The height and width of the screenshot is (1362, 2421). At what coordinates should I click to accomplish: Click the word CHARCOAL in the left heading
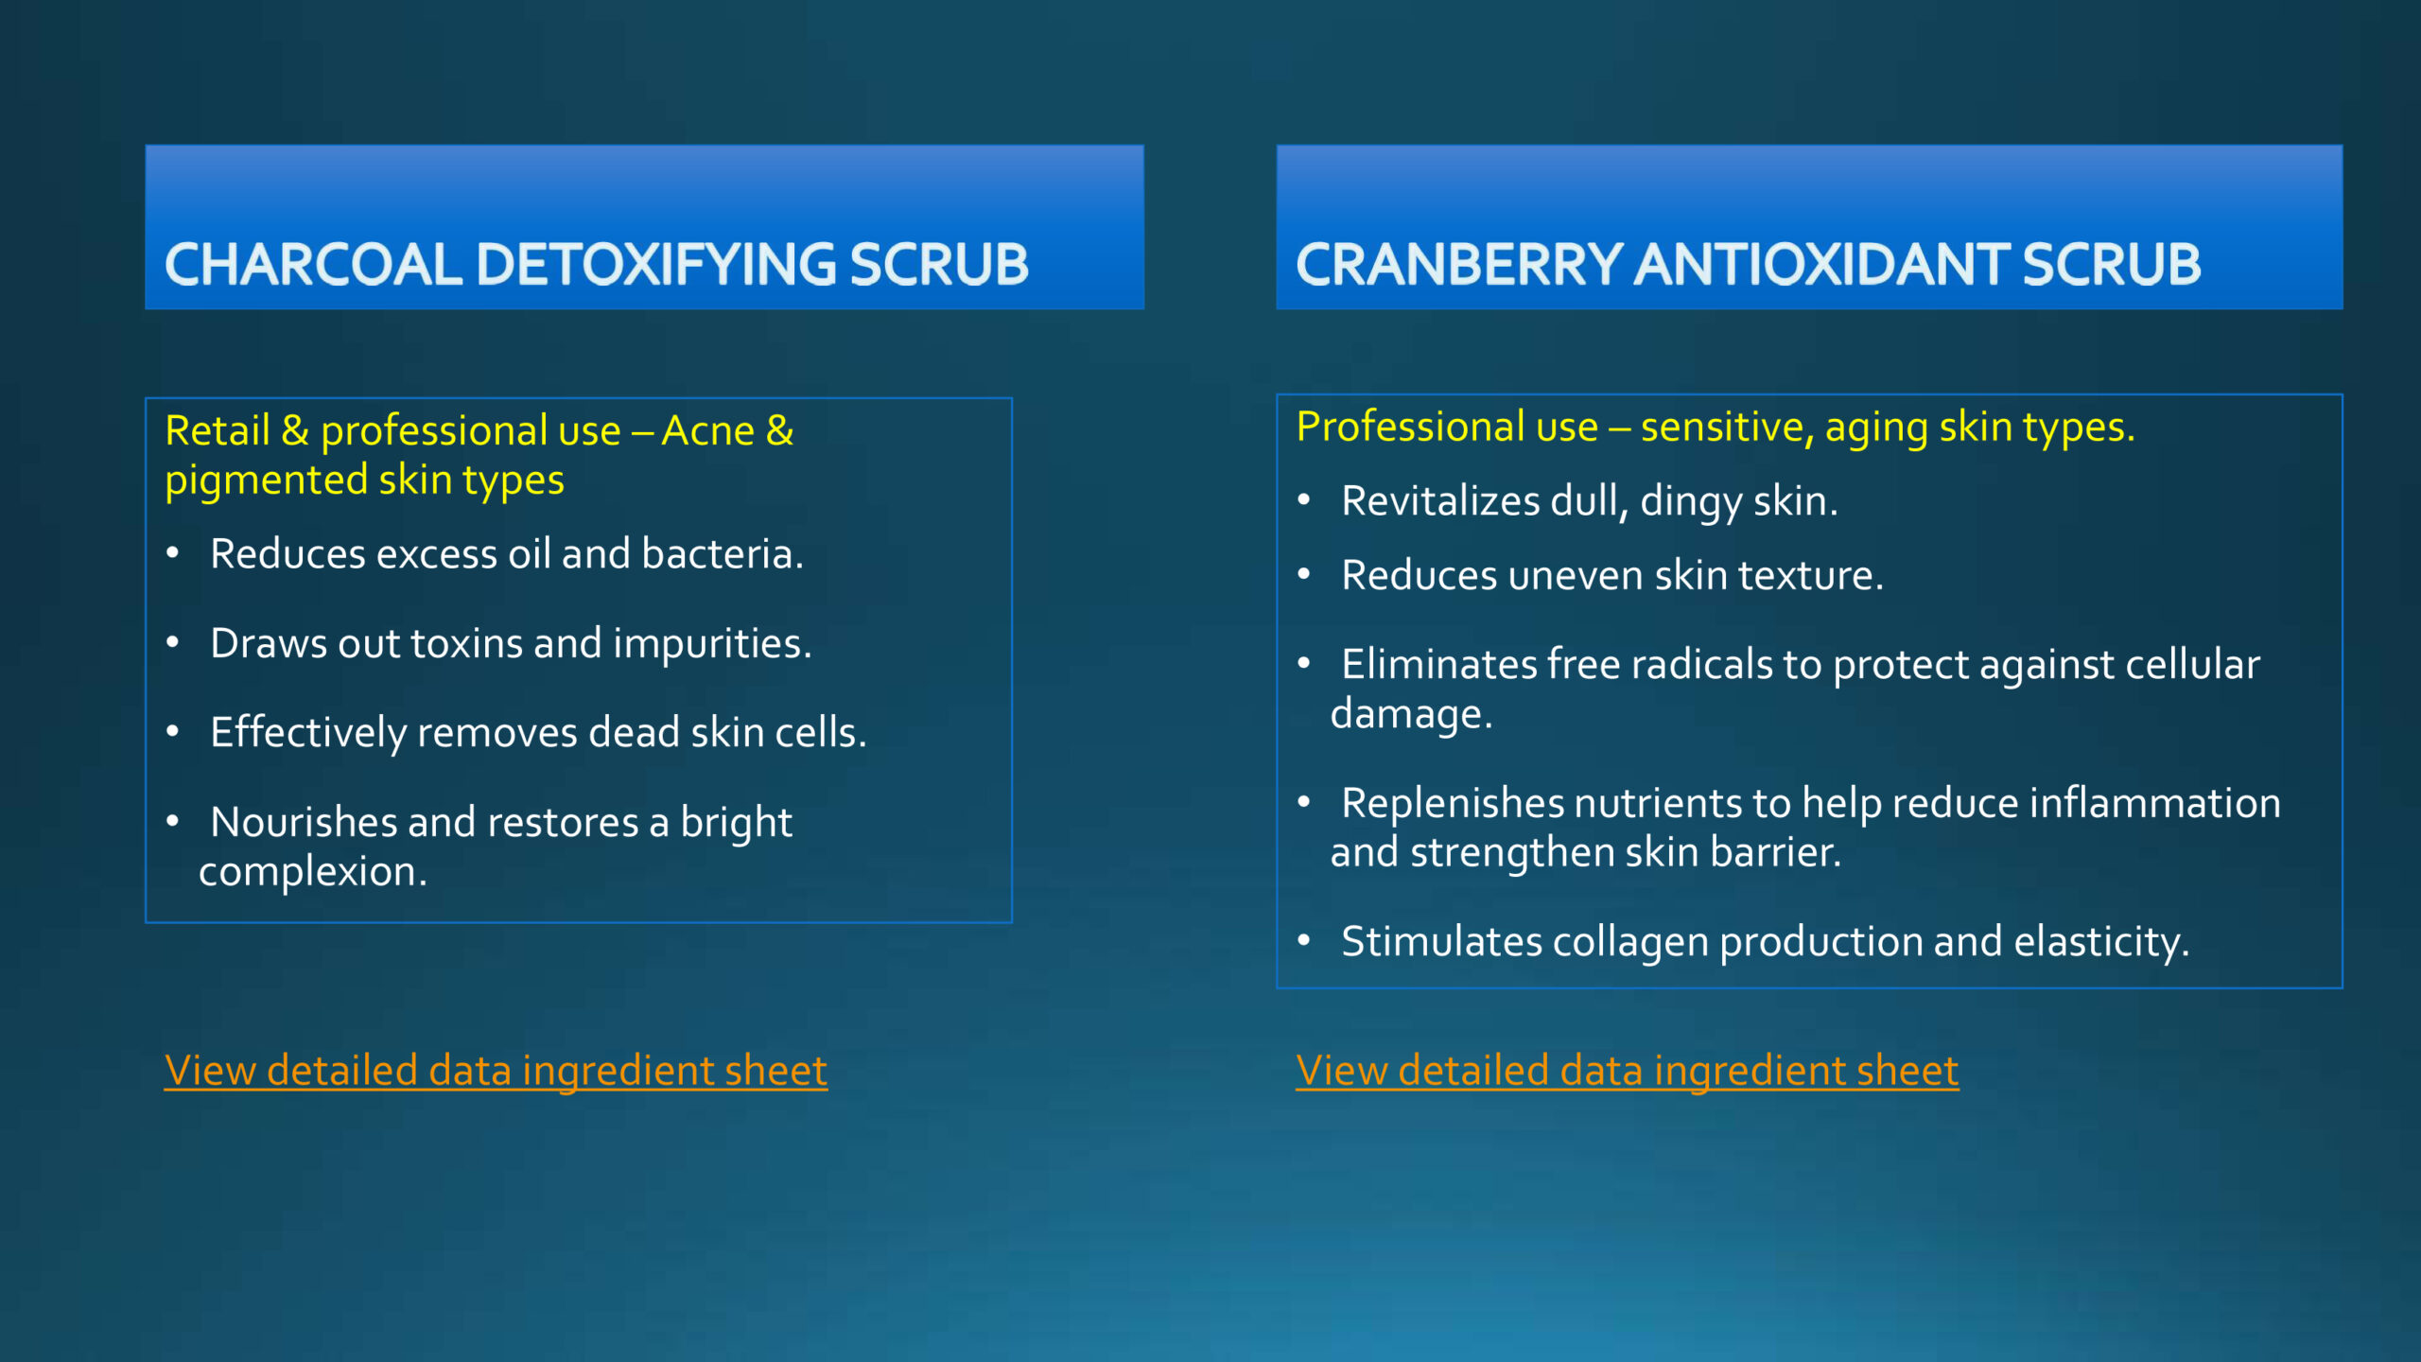click(313, 264)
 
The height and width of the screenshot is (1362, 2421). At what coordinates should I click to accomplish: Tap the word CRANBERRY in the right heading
click(1459, 264)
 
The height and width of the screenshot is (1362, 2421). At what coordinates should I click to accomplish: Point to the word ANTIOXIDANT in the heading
click(1822, 264)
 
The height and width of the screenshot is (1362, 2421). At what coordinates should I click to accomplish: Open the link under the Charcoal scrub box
click(496, 1071)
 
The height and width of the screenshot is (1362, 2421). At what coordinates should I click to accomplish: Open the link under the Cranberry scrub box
click(1627, 1071)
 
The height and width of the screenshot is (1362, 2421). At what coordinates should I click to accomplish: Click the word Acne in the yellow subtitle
click(707, 431)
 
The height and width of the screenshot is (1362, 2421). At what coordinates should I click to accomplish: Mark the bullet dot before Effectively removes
click(172, 731)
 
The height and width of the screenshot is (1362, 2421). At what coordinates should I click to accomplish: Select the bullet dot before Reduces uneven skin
click(1304, 574)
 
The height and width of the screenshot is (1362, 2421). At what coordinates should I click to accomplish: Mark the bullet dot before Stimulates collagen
click(1304, 940)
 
